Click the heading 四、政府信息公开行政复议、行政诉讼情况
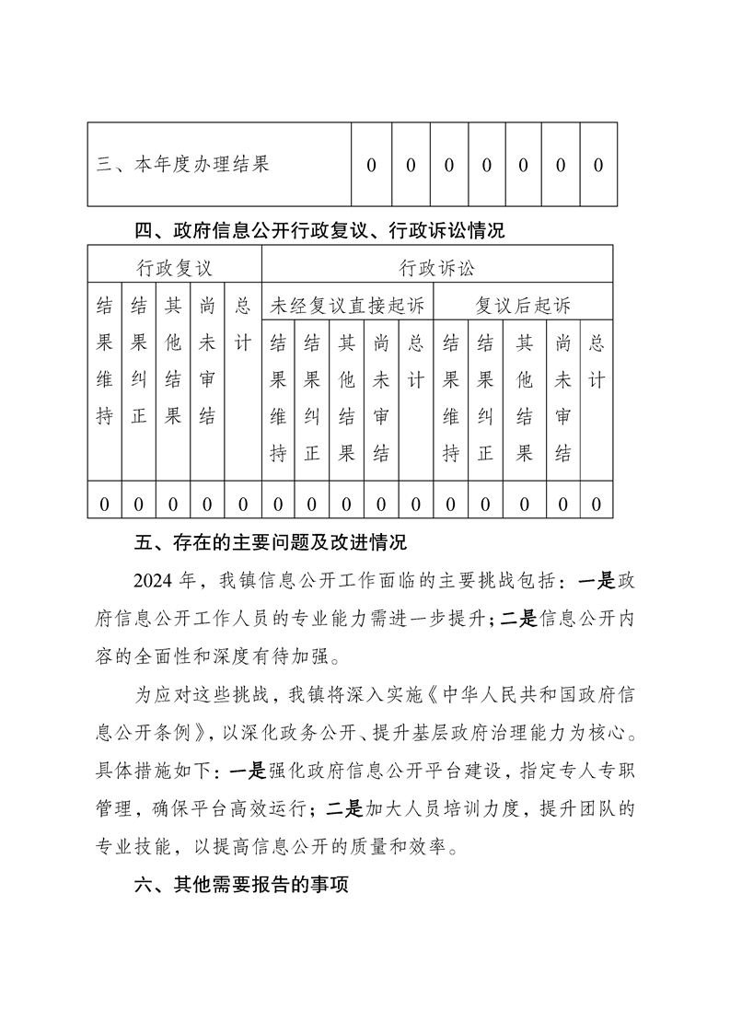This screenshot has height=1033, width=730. click(319, 230)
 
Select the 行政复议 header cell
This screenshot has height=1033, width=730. click(175, 268)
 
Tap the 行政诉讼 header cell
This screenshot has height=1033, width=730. click(437, 268)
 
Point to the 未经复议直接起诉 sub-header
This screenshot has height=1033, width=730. click(347, 306)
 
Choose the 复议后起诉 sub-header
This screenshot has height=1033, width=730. click(523, 306)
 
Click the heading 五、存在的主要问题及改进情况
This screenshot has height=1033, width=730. click(271, 541)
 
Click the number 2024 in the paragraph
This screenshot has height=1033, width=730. click(153, 581)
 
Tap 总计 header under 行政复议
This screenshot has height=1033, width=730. click(243, 324)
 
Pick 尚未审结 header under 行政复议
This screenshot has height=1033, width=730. click(208, 361)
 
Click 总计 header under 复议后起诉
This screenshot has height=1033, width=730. click(597, 361)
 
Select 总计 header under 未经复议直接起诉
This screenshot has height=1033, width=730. click(416, 361)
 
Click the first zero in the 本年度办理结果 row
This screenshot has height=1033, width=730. click(372, 166)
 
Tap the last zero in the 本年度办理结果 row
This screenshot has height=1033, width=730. click(597, 166)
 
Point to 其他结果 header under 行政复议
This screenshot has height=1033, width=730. click(172, 361)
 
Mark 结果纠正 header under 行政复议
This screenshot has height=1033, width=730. click(139, 361)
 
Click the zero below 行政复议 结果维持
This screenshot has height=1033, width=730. click(104, 504)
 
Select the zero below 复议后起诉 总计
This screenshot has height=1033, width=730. click(597, 504)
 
